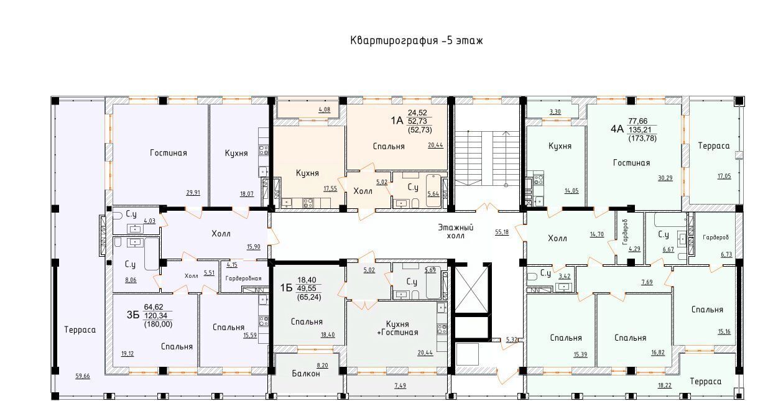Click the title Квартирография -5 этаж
(x=416, y=41)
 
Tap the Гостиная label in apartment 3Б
(x=169, y=153)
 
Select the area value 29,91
(x=193, y=193)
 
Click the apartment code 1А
(x=397, y=121)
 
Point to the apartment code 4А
(x=617, y=129)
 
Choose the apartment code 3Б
(x=133, y=315)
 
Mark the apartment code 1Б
(x=286, y=288)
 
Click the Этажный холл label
(x=456, y=231)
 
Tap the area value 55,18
(x=502, y=233)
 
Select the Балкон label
(x=306, y=374)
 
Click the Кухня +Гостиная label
(x=397, y=328)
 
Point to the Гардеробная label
(x=243, y=279)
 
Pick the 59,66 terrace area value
(x=83, y=376)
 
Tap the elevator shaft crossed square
(x=471, y=290)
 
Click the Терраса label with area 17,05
(x=714, y=146)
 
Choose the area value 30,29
(x=665, y=178)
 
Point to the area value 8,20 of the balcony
(x=323, y=366)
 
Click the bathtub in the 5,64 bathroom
(x=433, y=191)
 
